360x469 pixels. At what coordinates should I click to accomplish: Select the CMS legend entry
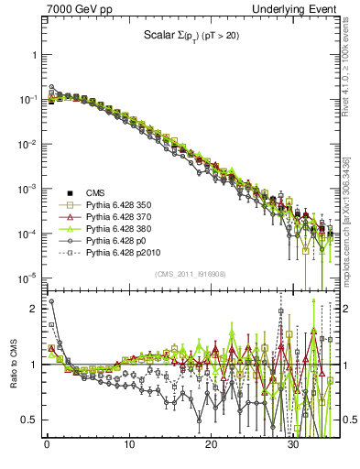[95, 191]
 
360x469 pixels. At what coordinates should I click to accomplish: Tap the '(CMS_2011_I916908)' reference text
[190, 275]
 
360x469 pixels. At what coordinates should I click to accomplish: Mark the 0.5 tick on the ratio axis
[29, 420]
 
